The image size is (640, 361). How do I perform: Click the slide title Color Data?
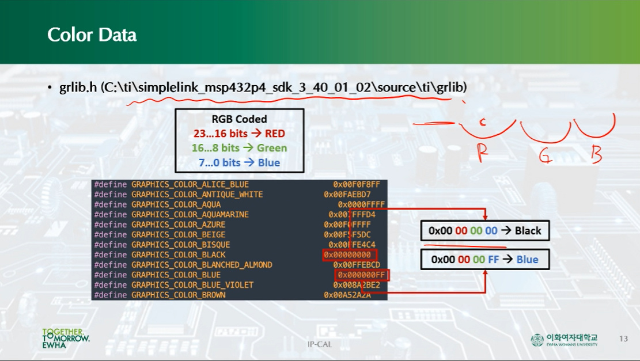92,35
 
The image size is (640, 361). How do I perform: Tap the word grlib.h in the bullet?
78,88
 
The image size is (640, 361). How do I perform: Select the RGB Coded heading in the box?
239,119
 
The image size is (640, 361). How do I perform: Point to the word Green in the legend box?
272,148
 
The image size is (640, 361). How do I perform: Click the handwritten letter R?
483,153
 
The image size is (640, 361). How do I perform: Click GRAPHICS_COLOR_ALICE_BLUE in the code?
190,184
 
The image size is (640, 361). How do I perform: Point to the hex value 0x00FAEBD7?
347,195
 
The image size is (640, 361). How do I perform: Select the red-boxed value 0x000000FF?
361,275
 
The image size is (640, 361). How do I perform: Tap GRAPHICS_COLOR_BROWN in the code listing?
178,295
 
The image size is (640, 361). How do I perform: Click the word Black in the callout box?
528,231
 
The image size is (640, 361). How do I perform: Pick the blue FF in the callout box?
494,260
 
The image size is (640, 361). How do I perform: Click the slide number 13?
623,338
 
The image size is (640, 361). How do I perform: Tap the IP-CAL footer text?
320,344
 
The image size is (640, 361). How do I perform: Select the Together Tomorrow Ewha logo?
65,339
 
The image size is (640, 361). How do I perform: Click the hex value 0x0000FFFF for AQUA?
361,204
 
